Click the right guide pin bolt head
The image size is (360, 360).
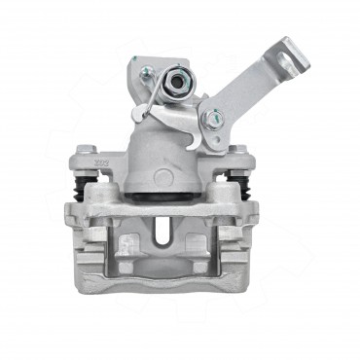point(238,151)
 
